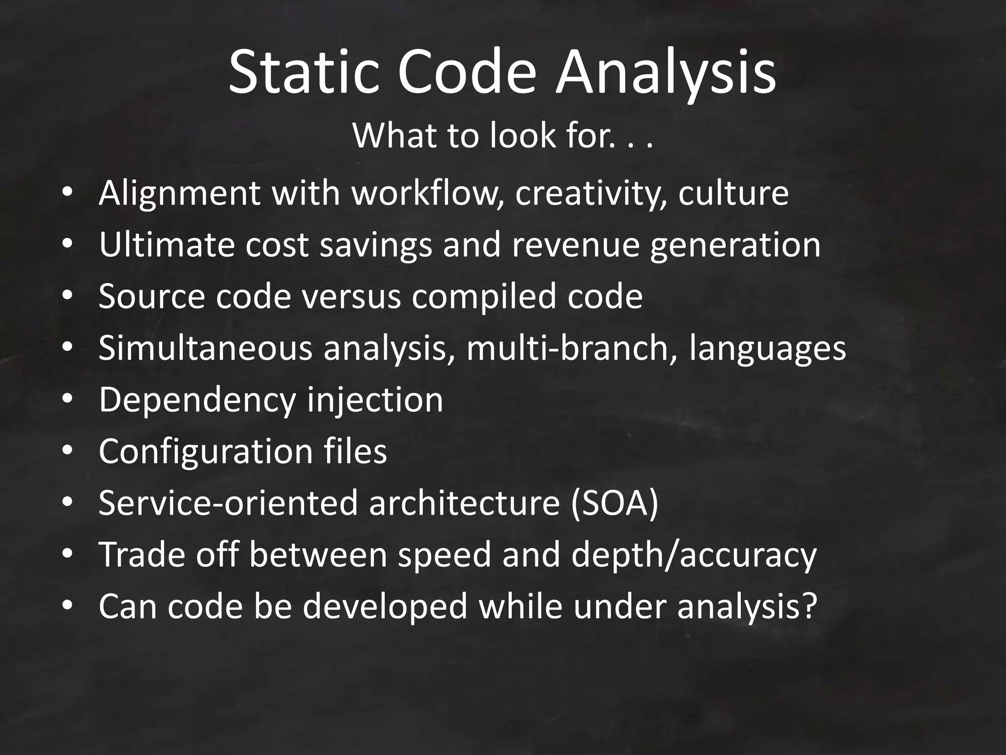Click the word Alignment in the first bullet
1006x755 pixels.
(x=179, y=193)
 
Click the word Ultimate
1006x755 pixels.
(x=167, y=244)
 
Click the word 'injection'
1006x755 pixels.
(x=375, y=400)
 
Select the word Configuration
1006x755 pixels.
(x=205, y=451)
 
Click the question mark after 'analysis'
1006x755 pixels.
(x=808, y=606)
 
